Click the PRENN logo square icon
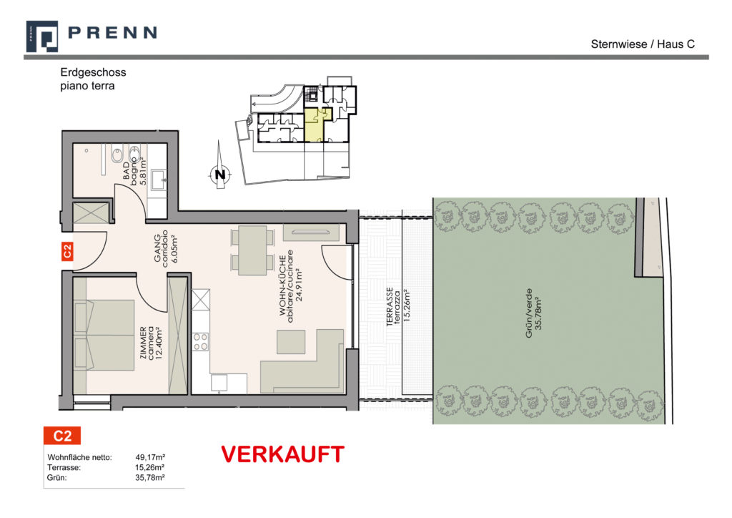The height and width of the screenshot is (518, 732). point(42,36)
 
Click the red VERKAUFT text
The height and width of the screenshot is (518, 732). point(282,454)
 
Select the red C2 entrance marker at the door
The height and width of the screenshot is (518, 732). point(67,251)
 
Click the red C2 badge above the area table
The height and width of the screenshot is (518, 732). point(62,435)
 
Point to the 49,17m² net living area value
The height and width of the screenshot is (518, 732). point(150,457)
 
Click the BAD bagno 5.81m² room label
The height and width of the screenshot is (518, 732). point(135,170)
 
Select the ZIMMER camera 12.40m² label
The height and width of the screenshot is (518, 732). point(152,343)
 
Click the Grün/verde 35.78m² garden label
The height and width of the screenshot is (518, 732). point(533,313)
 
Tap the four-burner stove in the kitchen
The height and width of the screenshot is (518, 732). point(201,341)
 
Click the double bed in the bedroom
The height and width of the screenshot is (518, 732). point(104,336)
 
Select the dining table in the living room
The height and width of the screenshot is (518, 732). point(252,250)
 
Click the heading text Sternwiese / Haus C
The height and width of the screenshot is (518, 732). point(643,44)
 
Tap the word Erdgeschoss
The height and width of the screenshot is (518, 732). point(94,72)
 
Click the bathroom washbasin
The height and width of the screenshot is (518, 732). point(158,178)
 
